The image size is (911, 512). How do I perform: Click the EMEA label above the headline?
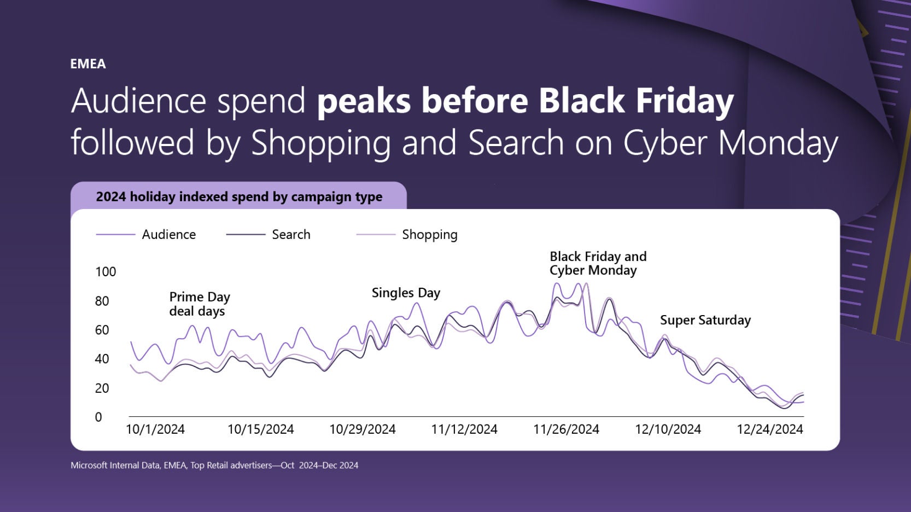point(87,64)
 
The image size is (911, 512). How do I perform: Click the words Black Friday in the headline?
point(635,101)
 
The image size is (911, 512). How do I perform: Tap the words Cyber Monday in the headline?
point(731,142)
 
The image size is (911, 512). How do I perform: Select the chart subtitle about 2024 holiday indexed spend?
point(239,197)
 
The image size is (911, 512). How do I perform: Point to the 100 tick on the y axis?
point(106,272)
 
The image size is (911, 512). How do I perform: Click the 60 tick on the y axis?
point(102,330)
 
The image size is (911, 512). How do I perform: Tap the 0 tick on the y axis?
point(98,417)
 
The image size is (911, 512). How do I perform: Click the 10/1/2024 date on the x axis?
point(155,429)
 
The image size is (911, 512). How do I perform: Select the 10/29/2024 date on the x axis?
point(362,429)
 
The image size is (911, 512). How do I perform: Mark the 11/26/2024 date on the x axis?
point(566,429)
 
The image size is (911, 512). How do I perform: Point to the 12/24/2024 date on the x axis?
point(769,429)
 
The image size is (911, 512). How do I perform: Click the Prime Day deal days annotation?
point(199,304)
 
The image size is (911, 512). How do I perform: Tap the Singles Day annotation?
point(406,293)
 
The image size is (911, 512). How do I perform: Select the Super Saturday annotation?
point(705,320)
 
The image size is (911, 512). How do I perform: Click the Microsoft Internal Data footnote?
point(214,466)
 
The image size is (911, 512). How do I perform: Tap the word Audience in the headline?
point(138,101)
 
